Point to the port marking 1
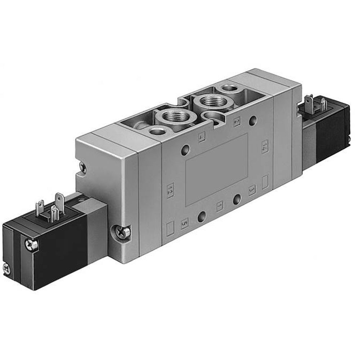coord(219,207)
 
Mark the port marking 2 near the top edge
coord(237,122)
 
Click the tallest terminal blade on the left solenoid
coord(59,200)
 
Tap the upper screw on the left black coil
coord(31,245)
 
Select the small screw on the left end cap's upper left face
coord(83,167)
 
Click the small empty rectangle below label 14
coord(265,182)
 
